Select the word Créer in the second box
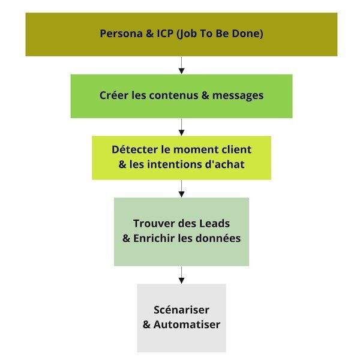113,95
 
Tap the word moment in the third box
194,149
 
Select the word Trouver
154,224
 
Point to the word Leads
215,224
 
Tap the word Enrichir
157,238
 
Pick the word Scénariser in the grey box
182,310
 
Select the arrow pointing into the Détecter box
181,127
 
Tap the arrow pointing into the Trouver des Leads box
181,188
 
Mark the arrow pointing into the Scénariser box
181,275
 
